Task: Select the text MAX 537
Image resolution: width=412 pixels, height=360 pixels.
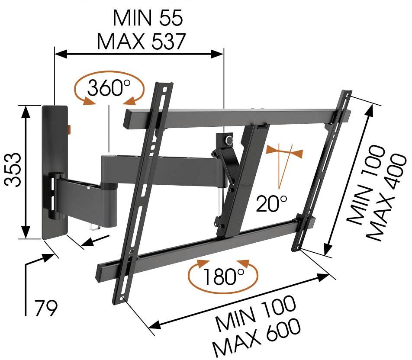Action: point(141,42)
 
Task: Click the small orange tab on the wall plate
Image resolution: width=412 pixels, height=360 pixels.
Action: point(70,129)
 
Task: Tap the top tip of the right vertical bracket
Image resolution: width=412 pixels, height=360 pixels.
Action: point(347,93)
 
